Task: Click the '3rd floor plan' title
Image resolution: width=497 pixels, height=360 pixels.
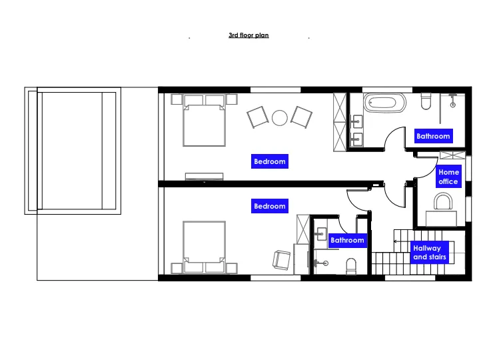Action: coord(248,35)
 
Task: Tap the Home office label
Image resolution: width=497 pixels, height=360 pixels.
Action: coord(448,177)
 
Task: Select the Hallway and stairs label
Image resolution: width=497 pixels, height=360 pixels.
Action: coord(430,253)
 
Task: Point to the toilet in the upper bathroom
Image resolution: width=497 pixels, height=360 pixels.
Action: coord(426,101)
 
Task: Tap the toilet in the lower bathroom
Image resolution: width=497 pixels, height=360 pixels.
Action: coord(351,266)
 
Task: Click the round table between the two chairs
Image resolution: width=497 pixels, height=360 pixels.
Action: coord(280,118)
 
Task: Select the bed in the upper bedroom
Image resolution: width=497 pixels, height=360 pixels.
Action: coord(204,120)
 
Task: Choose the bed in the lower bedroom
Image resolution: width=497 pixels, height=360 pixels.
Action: coord(204,247)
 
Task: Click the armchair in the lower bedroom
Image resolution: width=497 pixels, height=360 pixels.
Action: coord(281,260)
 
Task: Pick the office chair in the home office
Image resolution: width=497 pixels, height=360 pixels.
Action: coord(443,202)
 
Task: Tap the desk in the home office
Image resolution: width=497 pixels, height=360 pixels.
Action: coord(441,218)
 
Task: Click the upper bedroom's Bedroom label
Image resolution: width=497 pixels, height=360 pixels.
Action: coord(270,161)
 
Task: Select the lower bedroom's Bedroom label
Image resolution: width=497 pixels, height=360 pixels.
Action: coord(270,206)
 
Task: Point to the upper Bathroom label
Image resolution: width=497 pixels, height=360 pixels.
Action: coord(433,136)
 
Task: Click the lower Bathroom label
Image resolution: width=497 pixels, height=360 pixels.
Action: coord(347,240)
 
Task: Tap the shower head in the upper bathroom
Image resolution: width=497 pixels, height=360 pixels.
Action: coord(453,105)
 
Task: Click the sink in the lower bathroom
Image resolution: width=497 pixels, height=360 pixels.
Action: coord(321,234)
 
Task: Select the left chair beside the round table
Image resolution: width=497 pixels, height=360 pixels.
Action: coord(258,117)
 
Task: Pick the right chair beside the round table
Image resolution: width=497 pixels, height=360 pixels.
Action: coord(301,117)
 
